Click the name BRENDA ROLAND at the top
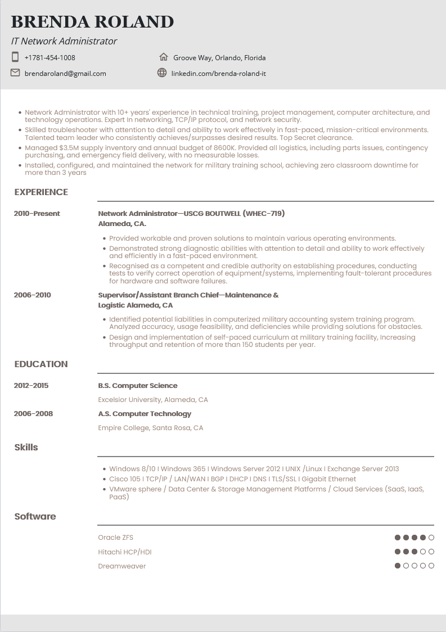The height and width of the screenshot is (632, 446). [92, 22]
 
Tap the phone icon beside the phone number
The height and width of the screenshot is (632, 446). [15, 57]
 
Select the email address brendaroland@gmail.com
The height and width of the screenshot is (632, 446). [65, 73]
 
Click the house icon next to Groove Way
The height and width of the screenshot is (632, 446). [163, 57]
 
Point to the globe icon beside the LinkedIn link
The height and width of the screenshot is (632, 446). [162, 73]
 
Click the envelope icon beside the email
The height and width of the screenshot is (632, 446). [15, 73]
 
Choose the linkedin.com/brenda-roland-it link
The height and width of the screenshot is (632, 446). [218, 73]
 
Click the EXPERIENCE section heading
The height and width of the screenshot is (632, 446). [41, 192]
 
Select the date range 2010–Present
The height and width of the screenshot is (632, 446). [37, 214]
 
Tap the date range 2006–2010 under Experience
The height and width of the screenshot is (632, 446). [33, 295]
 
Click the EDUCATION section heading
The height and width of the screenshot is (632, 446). [41, 364]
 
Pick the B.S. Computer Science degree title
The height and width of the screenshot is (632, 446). [138, 386]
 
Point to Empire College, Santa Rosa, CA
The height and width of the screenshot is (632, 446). [151, 428]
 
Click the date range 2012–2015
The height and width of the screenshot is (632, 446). [31, 386]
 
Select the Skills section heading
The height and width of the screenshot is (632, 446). [26, 448]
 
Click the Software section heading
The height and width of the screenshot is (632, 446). [35, 517]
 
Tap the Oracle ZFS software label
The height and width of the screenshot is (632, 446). [116, 538]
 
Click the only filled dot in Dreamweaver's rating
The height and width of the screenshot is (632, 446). [398, 566]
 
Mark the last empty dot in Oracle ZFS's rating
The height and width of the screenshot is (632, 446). [431, 538]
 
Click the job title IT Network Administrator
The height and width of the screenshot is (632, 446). [64, 41]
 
